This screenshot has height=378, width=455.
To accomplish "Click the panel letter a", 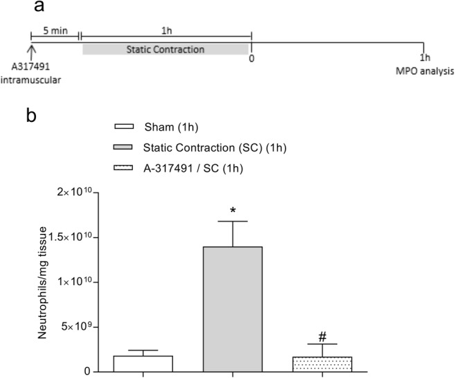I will click(x=39, y=9).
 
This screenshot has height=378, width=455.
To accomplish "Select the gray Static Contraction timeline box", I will click(x=165, y=48).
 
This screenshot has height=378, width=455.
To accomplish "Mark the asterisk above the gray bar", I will click(x=232, y=206).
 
